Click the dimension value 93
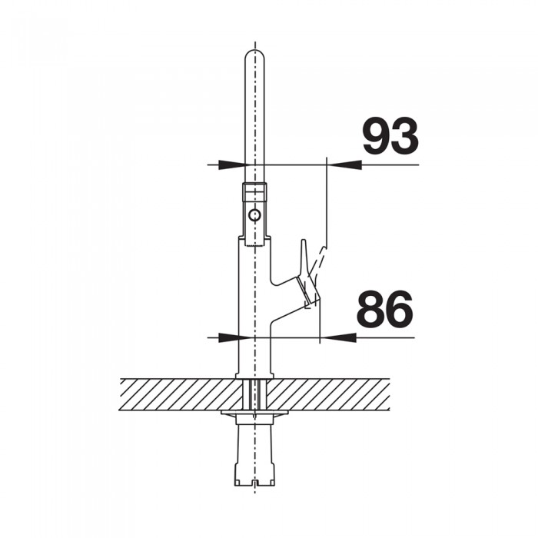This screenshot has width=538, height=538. click(390, 137)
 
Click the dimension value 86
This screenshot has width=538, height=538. click(384, 310)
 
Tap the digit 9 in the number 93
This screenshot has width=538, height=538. click(376, 137)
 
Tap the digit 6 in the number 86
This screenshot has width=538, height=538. click(399, 310)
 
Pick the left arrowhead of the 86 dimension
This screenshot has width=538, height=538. click(227, 337)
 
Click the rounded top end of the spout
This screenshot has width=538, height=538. click(254, 55)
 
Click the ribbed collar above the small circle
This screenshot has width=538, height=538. click(254, 192)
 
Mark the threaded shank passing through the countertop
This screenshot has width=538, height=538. click(254, 394)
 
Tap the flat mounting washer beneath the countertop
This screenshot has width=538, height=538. click(254, 415)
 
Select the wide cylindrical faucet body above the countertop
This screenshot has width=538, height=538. click(254, 307)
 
